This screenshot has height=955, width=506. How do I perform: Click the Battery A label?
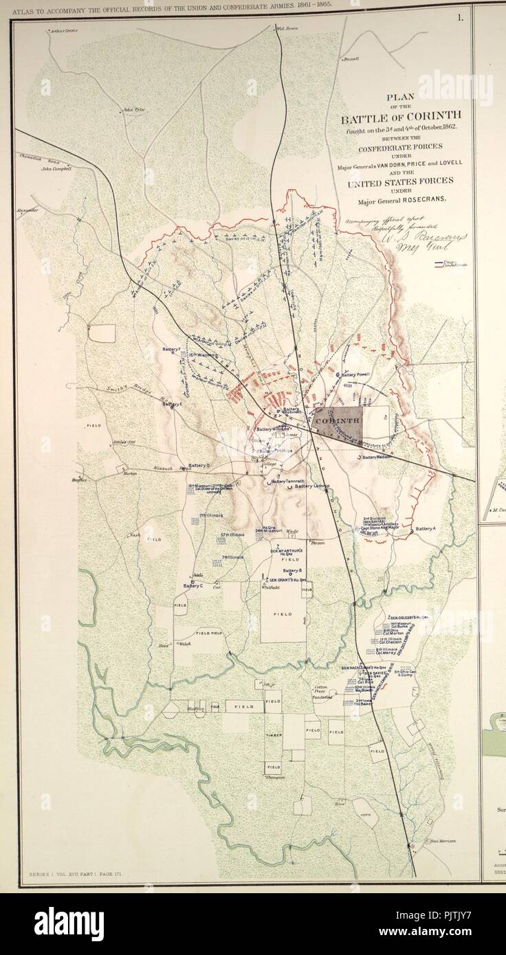pyautogui.click(x=426, y=528)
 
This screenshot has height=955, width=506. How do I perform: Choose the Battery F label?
pyautogui.click(x=172, y=349)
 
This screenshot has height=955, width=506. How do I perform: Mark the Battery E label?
pyautogui.click(x=172, y=404)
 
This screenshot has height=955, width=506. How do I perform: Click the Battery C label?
pyautogui.click(x=193, y=585)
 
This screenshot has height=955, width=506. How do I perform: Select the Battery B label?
pyautogui.click(x=292, y=570)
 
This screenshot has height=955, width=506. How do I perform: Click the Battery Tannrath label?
pyautogui.click(x=287, y=481)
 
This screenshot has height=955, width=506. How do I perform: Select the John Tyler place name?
pyautogui.click(x=135, y=109)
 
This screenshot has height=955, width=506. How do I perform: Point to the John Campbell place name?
pyautogui.click(x=56, y=168)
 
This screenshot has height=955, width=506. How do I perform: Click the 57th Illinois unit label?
pyautogui.click(x=233, y=535)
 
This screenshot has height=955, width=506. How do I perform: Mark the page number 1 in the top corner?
pyautogui.click(x=459, y=18)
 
